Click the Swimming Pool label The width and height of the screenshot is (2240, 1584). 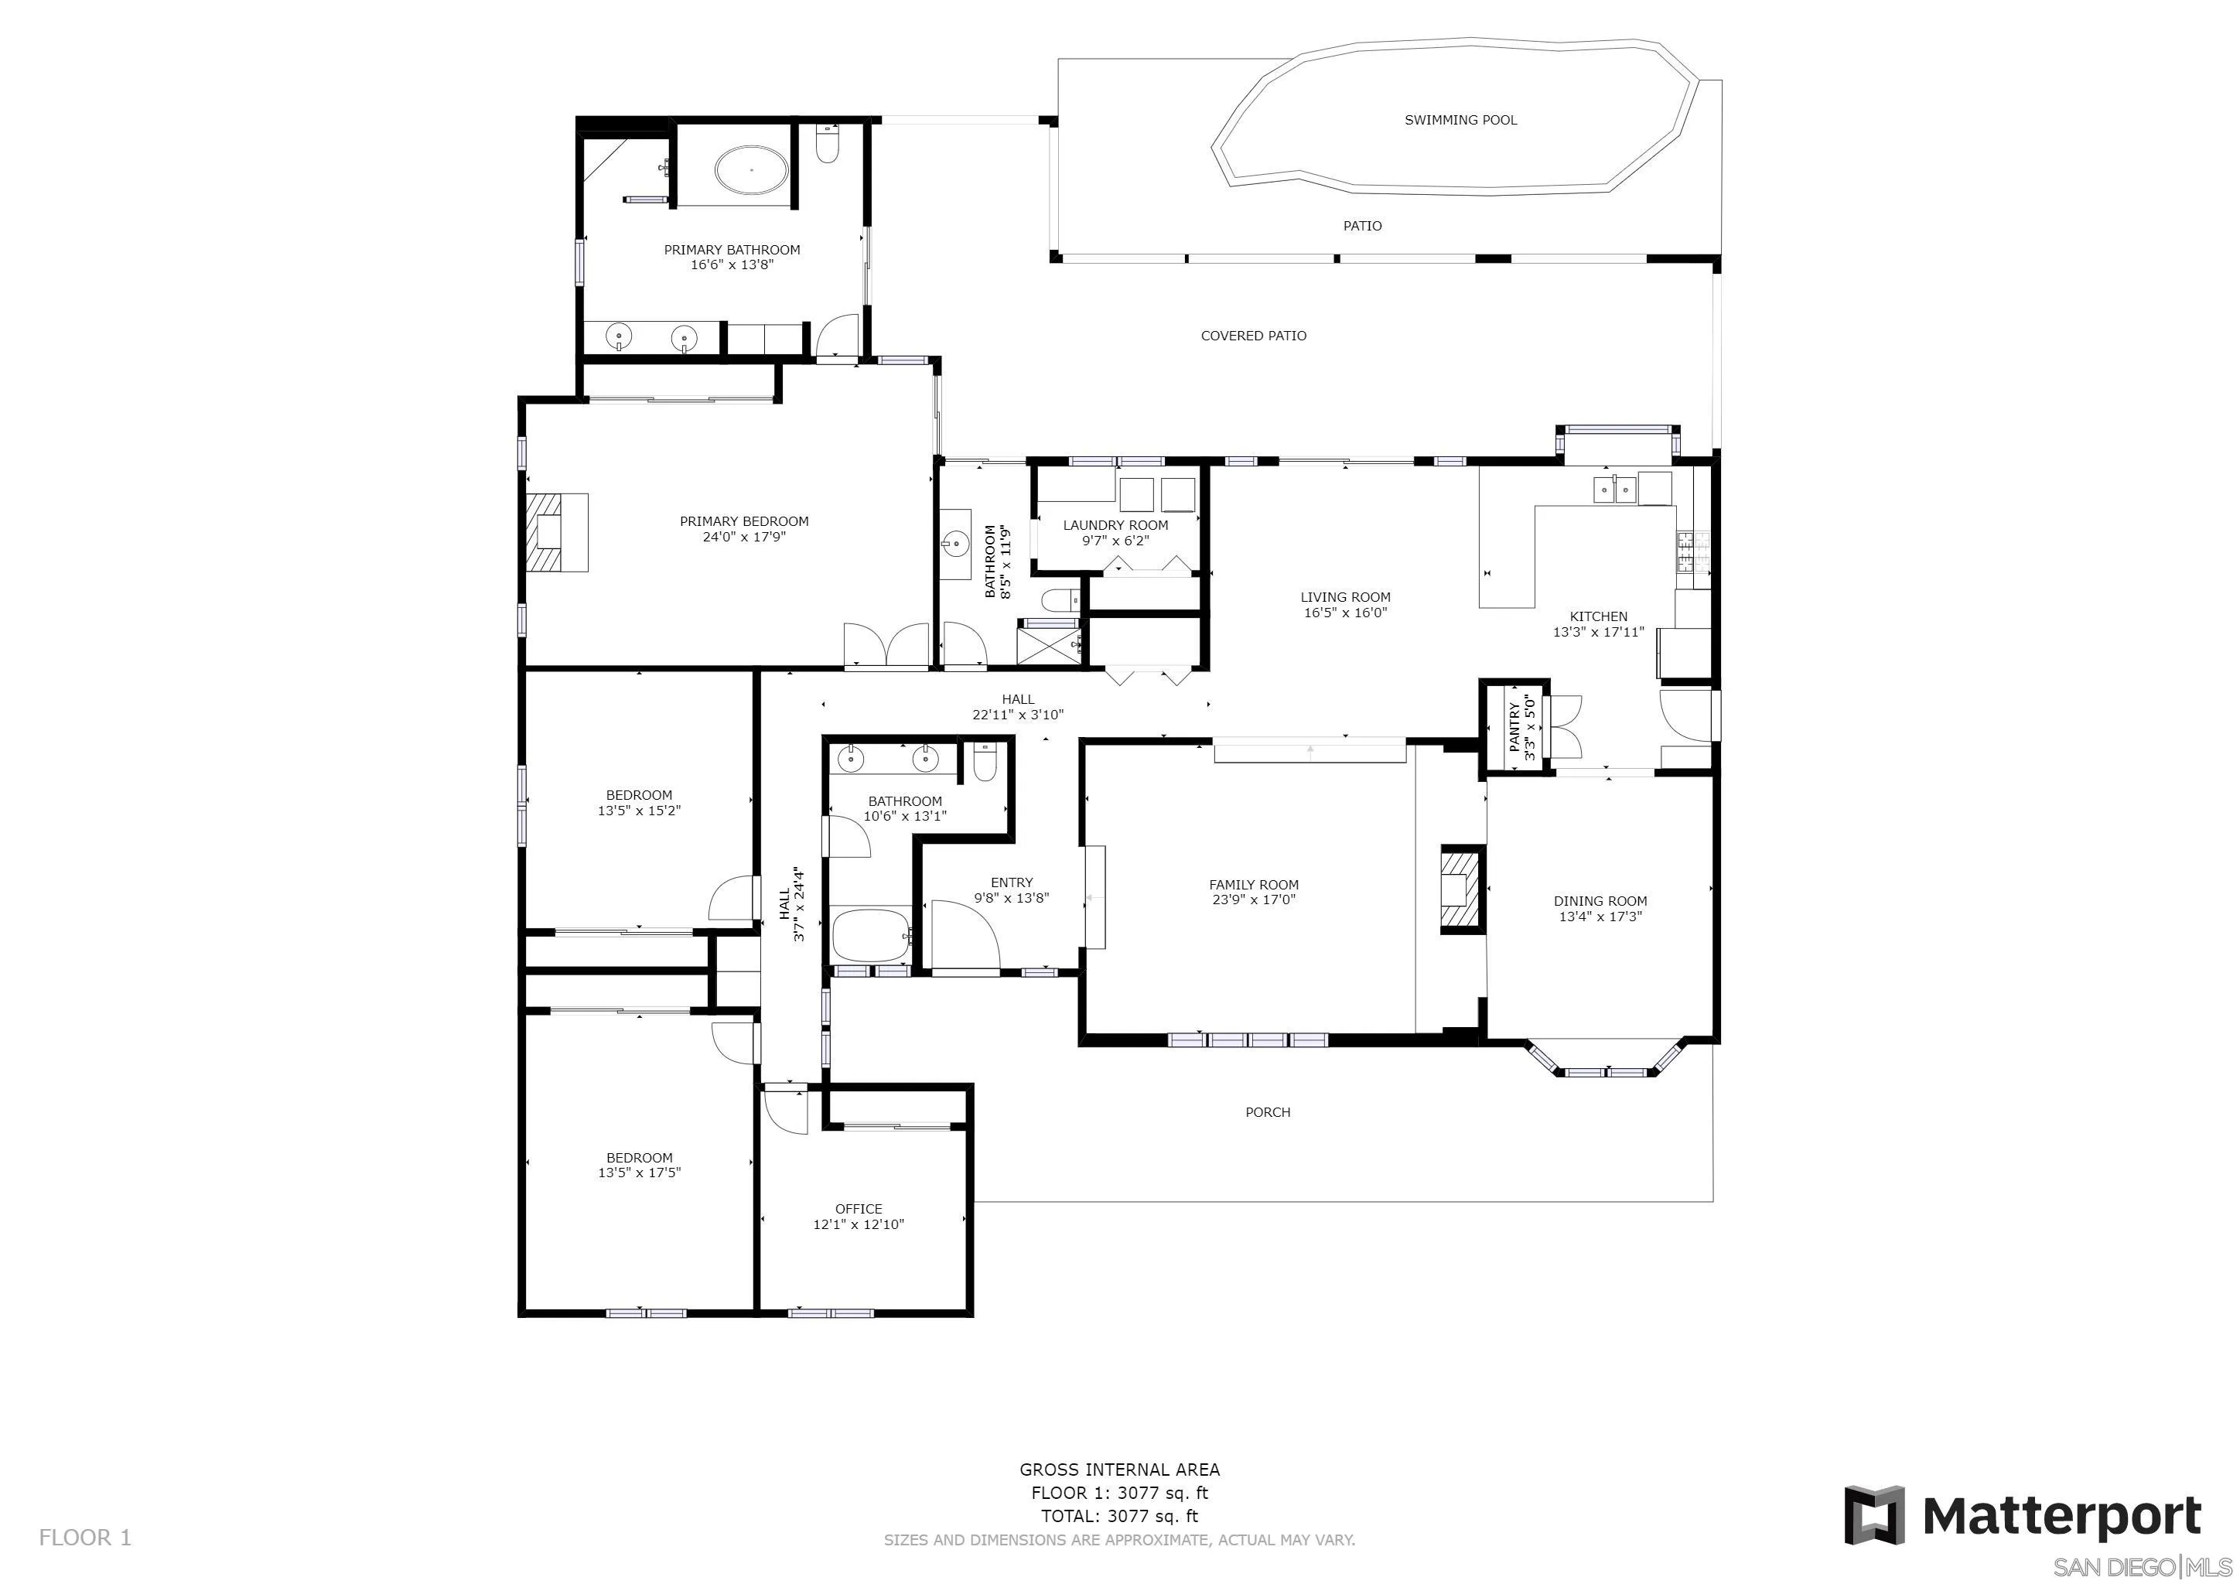coord(1460,120)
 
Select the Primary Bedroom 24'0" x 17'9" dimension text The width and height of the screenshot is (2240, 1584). coord(744,537)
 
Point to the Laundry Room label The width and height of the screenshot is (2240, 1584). coord(1115,524)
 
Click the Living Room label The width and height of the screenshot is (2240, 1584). coord(1345,597)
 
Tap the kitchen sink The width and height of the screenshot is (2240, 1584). coord(1614,488)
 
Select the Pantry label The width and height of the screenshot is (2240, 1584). coord(1513,727)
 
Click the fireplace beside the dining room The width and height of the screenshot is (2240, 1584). coord(1460,889)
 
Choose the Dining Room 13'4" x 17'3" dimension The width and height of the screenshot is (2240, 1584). coord(1600,917)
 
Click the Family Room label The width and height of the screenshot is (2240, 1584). coord(1254,885)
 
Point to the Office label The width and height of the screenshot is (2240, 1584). coord(859,1208)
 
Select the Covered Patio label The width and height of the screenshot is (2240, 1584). coord(1254,336)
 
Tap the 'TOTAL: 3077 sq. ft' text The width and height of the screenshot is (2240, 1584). coord(1119,1516)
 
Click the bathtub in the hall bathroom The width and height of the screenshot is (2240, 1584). coord(871,934)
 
